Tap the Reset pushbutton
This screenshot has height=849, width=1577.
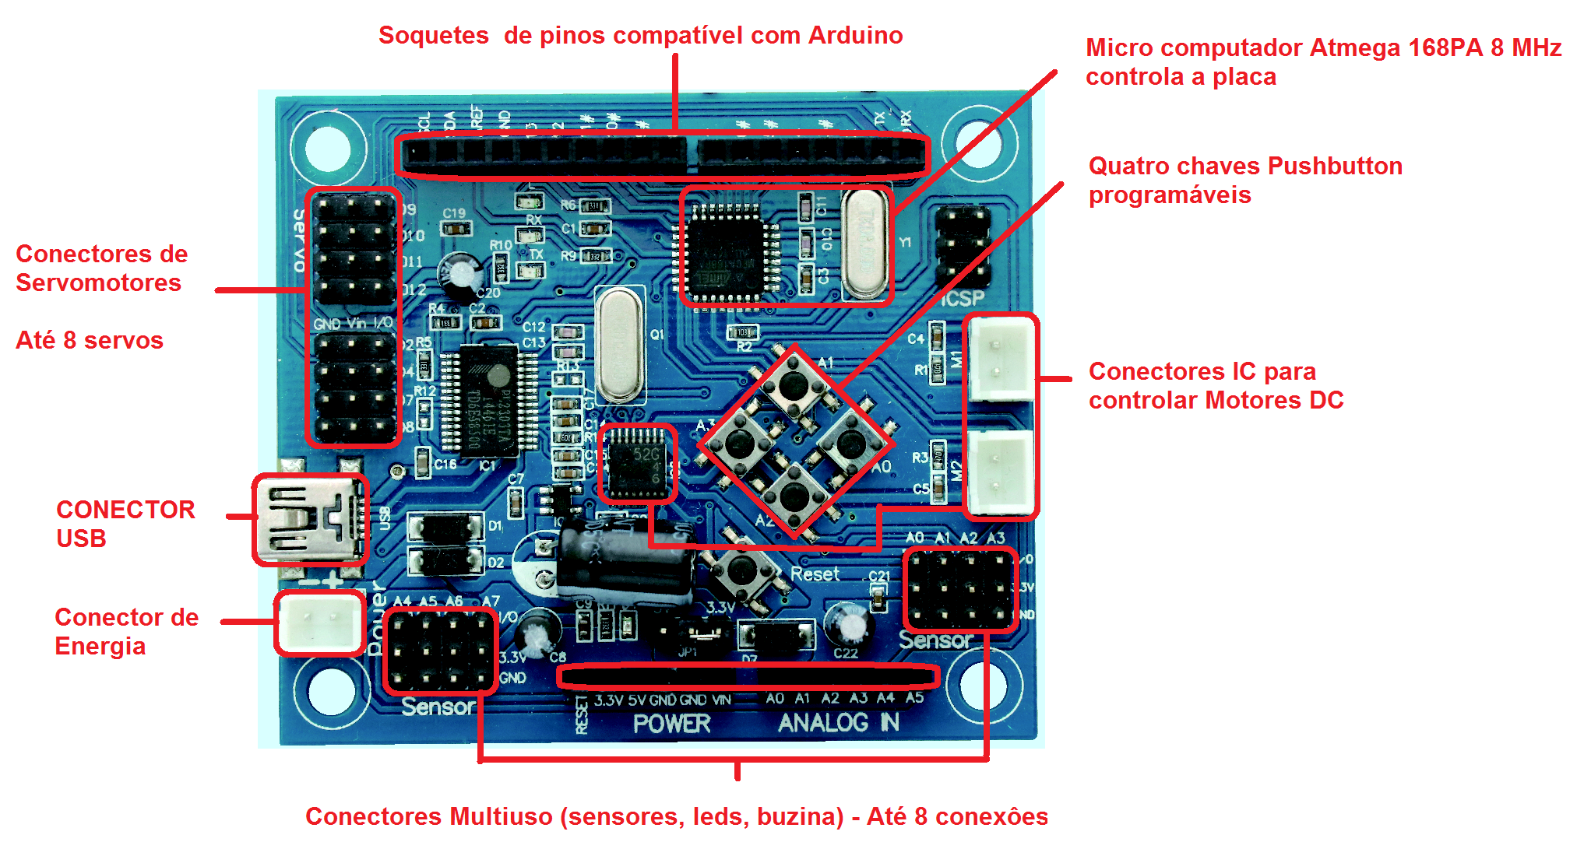coord(741,574)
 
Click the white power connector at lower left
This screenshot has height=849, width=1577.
coord(320,622)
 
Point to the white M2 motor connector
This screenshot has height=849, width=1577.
coord(1000,472)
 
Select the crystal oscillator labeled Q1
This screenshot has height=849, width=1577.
coord(619,343)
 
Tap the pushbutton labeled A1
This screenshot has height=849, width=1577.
coord(794,384)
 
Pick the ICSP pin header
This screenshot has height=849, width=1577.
coord(963,246)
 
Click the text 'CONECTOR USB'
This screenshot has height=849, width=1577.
coord(125,524)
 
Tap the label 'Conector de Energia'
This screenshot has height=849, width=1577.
coord(126,631)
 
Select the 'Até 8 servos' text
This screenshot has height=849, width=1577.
coord(90,340)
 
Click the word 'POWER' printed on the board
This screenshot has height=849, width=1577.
coord(671,724)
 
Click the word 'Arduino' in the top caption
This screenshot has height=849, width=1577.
coord(855,35)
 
